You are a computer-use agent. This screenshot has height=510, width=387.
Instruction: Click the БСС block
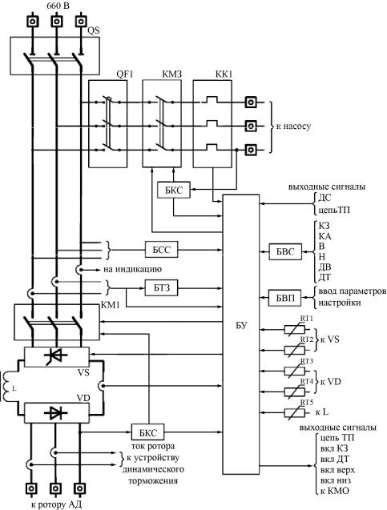pos(161,250)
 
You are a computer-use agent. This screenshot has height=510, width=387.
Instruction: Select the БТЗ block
pos(161,288)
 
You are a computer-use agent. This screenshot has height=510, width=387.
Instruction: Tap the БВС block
pos(285,251)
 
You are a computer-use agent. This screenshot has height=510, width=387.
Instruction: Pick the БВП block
pos(285,297)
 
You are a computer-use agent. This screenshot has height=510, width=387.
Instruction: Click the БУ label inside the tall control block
pos(241,325)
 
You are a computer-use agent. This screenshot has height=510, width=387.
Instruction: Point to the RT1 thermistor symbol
pos(295,330)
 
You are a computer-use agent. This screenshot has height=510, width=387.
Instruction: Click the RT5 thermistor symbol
pos(295,413)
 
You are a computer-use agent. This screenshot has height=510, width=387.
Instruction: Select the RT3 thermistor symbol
pos(295,371)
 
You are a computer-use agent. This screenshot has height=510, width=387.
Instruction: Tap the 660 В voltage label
pos(58,5)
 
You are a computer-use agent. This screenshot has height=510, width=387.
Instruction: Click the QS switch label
pos(94,30)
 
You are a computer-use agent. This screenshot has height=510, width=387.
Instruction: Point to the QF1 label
pos(125,74)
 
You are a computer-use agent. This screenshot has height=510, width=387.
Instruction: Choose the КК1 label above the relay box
pos(224,74)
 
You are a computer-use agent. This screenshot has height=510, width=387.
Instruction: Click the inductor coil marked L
pos(7,387)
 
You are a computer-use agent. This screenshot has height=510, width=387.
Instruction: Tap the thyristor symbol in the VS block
pos(56,356)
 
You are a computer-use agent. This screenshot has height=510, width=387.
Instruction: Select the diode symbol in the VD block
pos(56,413)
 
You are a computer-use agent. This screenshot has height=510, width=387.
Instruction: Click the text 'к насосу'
pos(293,126)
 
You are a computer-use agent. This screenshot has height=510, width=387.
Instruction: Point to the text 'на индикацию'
pos(132,270)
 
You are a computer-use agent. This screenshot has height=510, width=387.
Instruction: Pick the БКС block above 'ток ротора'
pos(147,432)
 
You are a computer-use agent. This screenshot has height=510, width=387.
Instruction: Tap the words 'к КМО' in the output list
pos(335,491)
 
